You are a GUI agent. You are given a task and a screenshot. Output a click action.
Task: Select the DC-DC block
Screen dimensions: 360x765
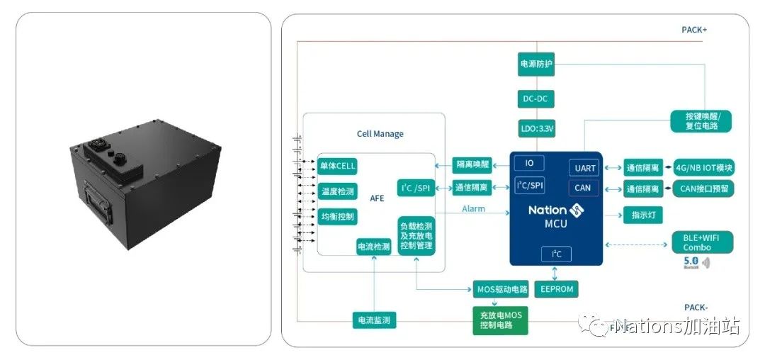click(536, 99)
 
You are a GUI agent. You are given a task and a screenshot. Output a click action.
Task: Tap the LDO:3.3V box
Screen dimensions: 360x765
click(536, 129)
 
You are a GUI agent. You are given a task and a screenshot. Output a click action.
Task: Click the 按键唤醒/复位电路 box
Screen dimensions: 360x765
click(701, 120)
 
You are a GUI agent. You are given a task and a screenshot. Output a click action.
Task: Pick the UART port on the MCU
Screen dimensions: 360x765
click(584, 168)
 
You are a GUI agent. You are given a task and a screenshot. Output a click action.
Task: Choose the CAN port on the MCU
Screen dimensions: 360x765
click(584, 188)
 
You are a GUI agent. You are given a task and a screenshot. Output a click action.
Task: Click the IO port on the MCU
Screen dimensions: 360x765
click(529, 163)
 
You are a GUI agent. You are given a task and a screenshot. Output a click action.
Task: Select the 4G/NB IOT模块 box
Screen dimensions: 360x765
click(704, 168)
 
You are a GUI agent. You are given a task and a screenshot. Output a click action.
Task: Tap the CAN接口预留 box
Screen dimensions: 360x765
click(704, 189)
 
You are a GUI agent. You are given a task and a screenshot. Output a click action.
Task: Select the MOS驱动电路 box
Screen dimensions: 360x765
click(501, 289)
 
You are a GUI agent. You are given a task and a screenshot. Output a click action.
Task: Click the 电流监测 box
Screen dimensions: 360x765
click(374, 320)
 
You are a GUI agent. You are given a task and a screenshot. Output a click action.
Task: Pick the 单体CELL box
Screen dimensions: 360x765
click(337, 167)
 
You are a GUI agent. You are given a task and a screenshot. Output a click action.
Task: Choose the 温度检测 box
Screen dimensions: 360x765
click(337, 191)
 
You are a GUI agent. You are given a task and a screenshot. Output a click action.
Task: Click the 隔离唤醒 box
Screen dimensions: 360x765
click(472, 165)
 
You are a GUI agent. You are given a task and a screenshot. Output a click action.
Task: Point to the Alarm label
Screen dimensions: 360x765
click(473, 209)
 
